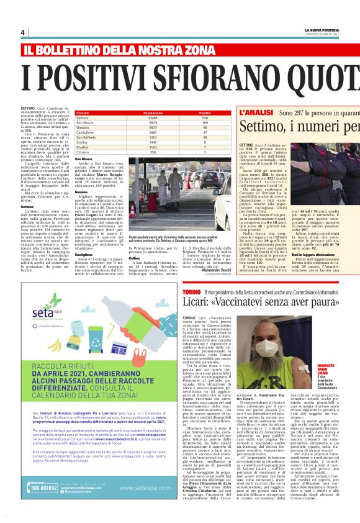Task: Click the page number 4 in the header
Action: (x=22, y=33)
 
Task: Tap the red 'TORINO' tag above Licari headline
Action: (x=191, y=291)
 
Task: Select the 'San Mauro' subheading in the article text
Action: (x=83, y=159)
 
